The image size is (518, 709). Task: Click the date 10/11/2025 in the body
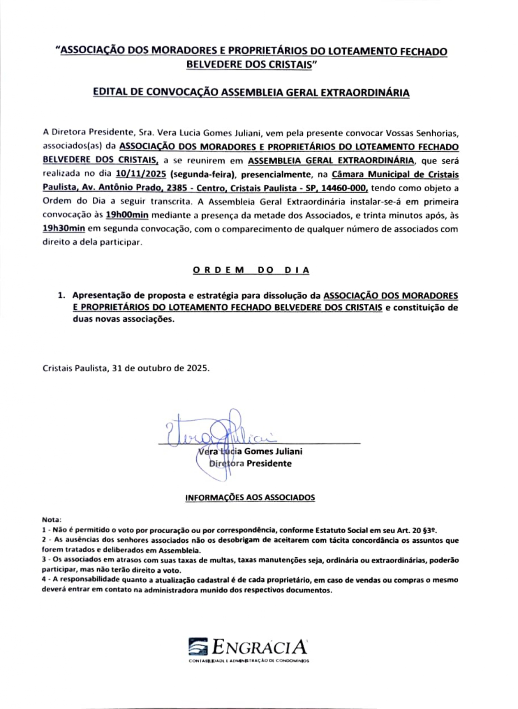point(141,174)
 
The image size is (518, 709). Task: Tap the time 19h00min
point(127,214)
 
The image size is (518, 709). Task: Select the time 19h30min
point(64,228)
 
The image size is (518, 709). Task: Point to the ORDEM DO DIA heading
point(251,270)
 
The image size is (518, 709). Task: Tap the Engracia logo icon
point(198,647)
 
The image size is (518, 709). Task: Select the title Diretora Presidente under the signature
point(250,463)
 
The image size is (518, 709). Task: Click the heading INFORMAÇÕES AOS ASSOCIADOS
point(250,498)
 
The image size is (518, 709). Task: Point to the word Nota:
point(52,520)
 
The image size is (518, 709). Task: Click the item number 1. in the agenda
point(62,296)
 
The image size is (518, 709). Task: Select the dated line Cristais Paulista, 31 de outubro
point(126,368)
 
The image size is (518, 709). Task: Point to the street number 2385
point(177,188)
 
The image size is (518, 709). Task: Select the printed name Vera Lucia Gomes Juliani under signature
point(250,451)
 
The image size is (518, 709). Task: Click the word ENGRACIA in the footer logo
point(260,647)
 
